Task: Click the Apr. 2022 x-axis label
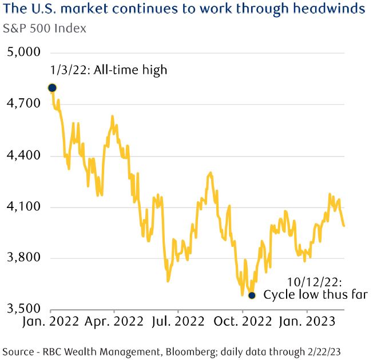114,321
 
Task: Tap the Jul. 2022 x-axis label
178,321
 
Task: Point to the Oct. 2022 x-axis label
243,321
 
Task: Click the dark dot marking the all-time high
52,87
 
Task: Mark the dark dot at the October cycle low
252,295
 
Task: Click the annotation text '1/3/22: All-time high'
109,70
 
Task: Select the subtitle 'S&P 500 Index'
45,28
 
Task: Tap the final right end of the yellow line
344,226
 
